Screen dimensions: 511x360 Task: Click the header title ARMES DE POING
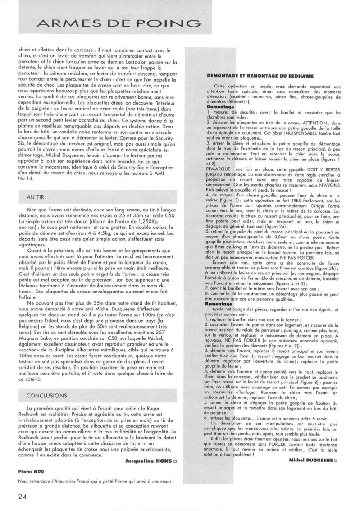(116, 23)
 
